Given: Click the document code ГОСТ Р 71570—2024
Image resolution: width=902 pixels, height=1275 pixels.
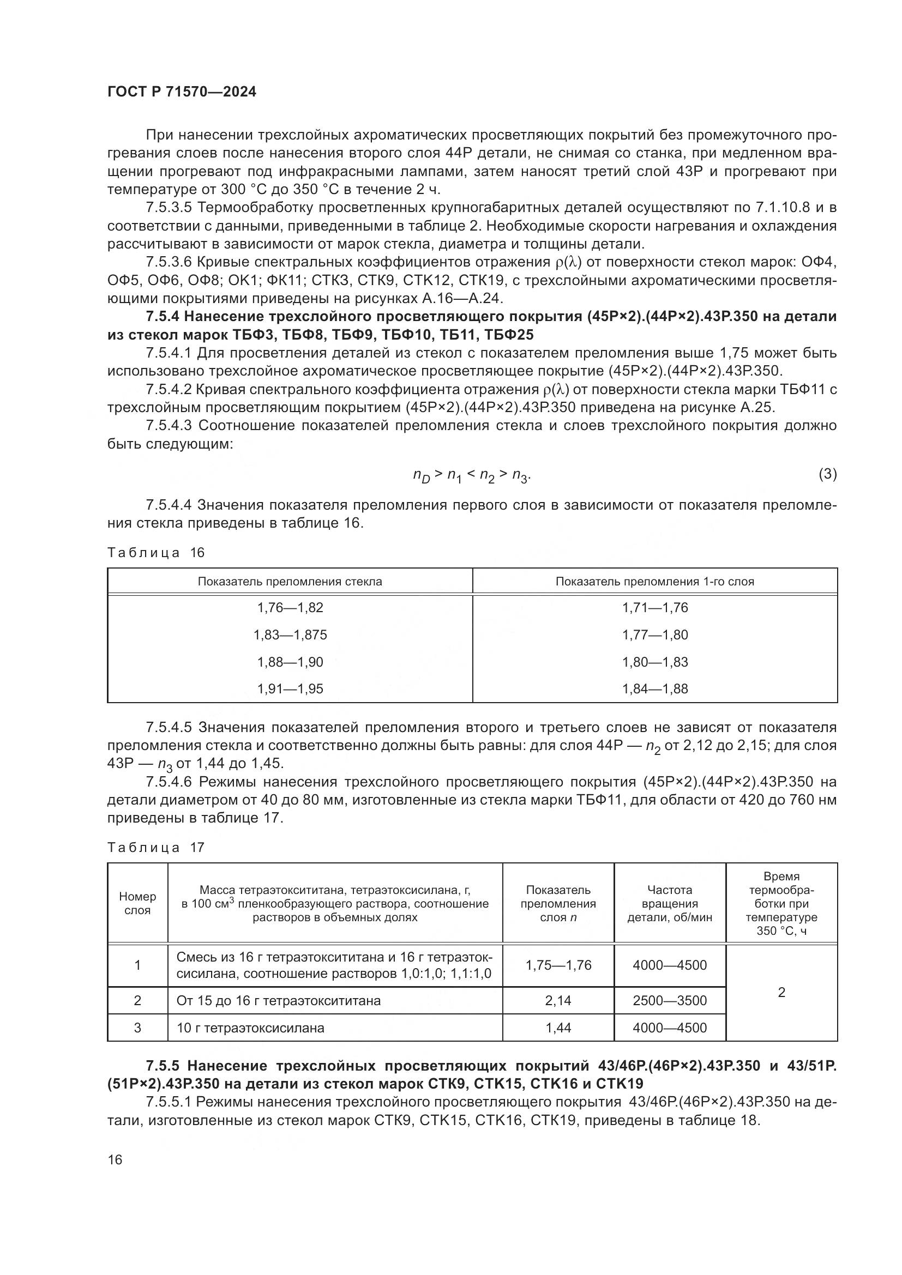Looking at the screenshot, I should coord(182,92).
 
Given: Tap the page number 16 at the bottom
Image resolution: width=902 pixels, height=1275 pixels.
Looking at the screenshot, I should coord(115,1159).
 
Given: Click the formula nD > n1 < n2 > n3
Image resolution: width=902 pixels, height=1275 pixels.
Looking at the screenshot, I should coord(472,475).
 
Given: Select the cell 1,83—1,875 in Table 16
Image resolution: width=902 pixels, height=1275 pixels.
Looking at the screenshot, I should coord(290,635).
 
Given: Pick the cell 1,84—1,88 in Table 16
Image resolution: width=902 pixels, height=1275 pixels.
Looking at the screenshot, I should coord(655,688).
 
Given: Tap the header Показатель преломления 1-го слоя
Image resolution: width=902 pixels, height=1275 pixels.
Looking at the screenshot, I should coord(655,582).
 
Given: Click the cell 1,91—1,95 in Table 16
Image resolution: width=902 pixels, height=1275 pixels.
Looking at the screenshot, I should coord(290,688).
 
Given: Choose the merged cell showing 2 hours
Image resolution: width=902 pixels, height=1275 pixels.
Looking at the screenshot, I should coord(781,992).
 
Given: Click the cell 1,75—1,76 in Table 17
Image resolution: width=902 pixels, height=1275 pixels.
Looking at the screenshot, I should coord(558,965).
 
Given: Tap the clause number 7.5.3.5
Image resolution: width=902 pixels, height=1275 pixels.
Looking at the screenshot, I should coord(169,208).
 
